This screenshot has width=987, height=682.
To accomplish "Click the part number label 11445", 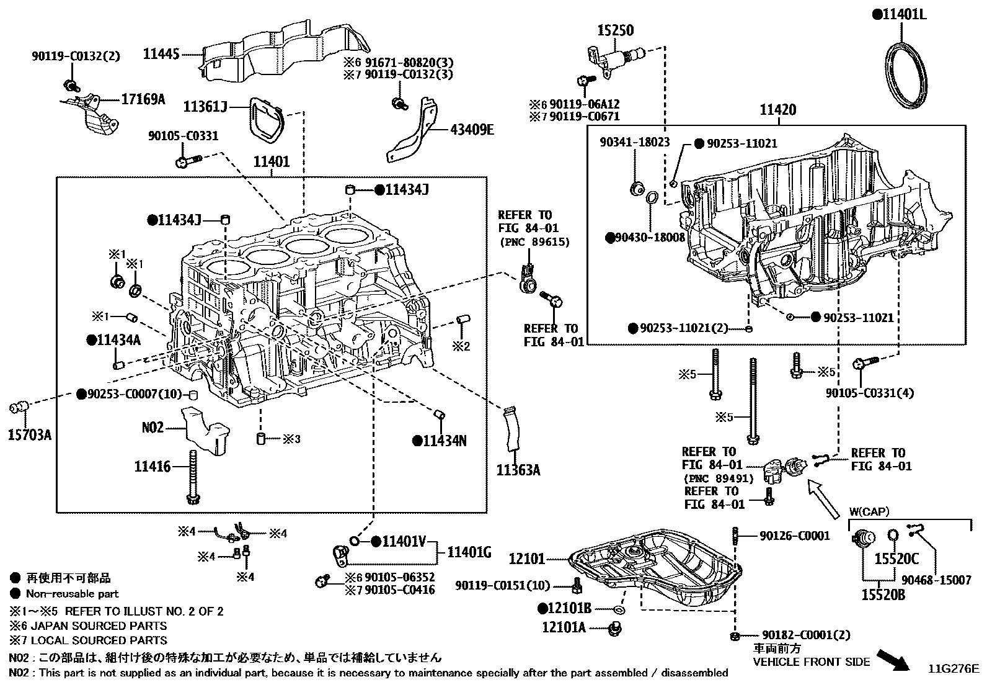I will tap(161, 54).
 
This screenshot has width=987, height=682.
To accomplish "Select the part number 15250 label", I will tap(616, 30).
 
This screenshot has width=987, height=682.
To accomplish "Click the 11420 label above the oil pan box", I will tap(778, 110).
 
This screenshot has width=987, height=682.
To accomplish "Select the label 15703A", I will tap(29, 434).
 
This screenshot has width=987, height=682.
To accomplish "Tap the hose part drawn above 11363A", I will tap(512, 428).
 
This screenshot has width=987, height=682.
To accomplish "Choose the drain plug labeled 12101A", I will tap(616, 629).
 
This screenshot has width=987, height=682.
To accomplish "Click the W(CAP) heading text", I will tap(869, 512).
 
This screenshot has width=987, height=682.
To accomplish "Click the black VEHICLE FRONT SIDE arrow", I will tap(893, 660).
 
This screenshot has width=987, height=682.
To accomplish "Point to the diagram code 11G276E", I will tap(953, 668).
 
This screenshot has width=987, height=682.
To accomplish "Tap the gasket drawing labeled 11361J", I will tap(265, 121).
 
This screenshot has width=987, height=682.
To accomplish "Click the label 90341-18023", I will tap(635, 142).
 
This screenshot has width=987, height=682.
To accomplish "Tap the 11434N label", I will tap(445, 441).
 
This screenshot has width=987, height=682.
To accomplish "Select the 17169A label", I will tap(143, 99).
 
